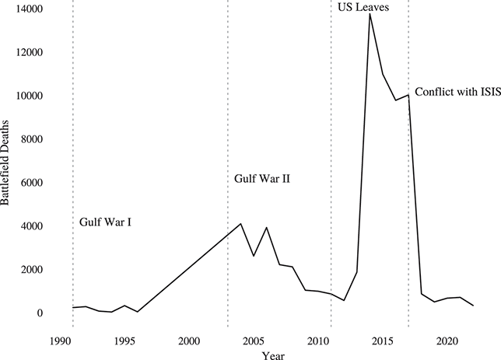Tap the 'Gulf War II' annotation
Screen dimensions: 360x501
262,180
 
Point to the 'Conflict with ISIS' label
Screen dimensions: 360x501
454,92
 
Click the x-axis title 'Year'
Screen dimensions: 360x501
272,355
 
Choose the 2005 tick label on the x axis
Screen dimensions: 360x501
254,341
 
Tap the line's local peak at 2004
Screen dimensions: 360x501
241,224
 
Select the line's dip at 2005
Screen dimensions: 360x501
254,256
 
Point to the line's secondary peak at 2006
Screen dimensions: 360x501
267,228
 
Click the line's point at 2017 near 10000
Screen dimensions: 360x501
408,95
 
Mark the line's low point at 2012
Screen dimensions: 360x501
344,300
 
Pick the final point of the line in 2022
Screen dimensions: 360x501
473,306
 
